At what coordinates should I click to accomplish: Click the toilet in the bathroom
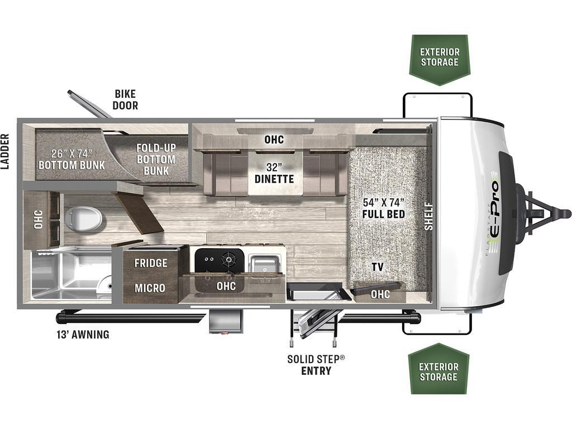83,218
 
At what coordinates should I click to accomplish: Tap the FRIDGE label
151,263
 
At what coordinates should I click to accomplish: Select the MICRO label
150,288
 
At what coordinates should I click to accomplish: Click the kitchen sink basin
264,264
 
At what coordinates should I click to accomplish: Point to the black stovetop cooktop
219,260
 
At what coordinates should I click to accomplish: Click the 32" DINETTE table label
274,173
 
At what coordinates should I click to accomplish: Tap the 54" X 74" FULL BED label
384,208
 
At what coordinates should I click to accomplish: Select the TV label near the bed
378,267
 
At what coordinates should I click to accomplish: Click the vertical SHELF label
428,216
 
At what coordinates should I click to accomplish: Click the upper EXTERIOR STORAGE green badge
440,60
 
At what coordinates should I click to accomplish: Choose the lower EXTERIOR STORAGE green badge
438,369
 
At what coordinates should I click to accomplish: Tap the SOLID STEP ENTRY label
316,365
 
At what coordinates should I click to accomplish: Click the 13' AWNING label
83,335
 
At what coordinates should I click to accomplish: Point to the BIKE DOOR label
125,99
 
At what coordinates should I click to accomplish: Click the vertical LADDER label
4,151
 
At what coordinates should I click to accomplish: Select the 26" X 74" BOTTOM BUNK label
71,159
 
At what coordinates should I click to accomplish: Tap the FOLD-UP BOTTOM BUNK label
156,159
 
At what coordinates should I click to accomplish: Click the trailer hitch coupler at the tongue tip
565,213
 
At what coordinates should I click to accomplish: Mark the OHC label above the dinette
274,139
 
